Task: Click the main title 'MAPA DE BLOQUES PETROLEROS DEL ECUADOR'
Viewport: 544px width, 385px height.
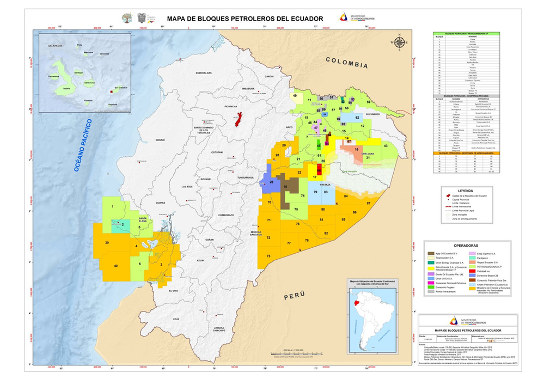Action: click(245, 19)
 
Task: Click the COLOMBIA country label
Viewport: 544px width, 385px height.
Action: click(346, 63)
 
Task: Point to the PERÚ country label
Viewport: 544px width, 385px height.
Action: click(294, 296)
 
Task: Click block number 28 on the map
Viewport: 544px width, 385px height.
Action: click(271, 182)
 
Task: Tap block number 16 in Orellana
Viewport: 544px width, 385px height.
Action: click(357, 149)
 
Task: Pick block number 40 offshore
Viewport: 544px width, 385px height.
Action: click(115, 265)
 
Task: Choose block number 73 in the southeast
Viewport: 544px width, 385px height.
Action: click(268, 256)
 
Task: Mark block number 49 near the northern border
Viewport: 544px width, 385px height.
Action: click(295, 96)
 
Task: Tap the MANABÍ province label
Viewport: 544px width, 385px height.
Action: click(160, 140)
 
